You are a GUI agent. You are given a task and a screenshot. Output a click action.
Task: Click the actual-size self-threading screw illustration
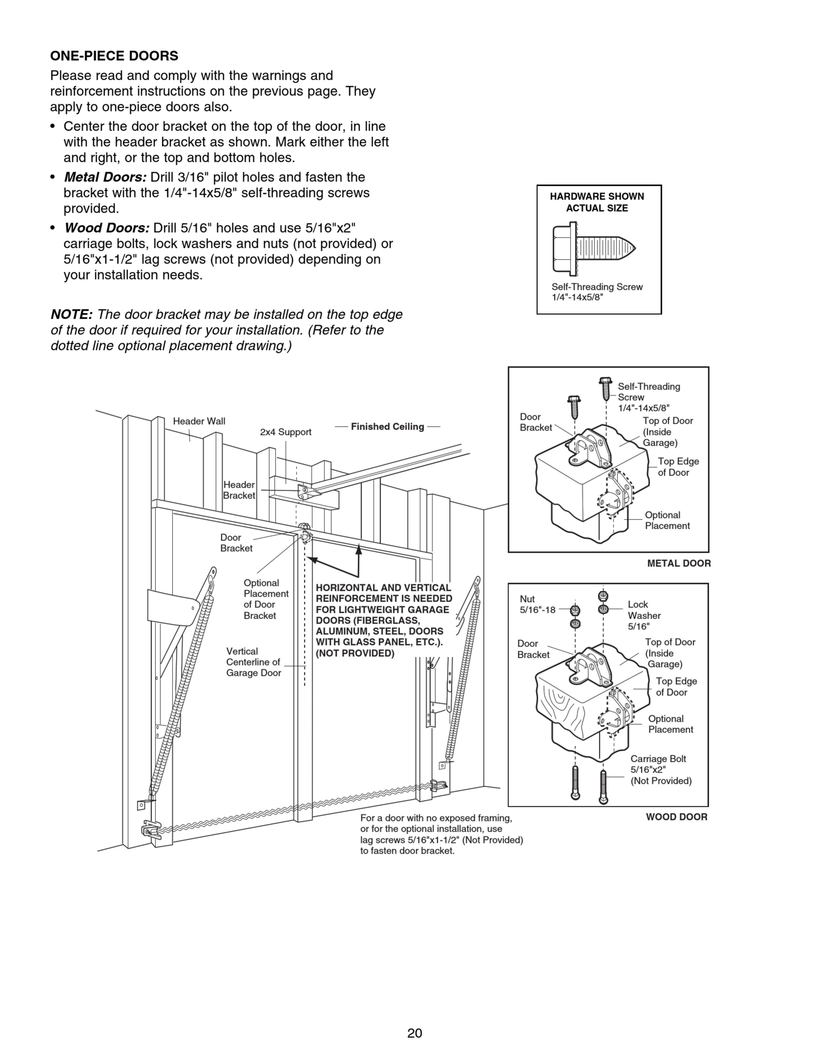(x=594, y=248)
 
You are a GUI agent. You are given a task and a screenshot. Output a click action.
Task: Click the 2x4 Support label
(x=285, y=432)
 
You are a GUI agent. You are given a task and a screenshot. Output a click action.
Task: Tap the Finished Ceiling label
(x=387, y=426)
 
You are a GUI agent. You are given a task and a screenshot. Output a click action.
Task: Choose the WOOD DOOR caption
(x=676, y=817)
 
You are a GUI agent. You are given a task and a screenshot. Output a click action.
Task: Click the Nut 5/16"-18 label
(x=537, y=604)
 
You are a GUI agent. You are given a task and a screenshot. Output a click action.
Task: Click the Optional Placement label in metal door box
(x=667, y=520)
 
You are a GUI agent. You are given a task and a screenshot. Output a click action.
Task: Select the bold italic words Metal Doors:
(x=105, y=177)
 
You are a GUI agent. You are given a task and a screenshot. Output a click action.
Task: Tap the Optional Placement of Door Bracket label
(x=266, y=599)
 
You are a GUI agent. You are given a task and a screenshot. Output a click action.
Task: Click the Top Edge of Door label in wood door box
(x=676, y=687)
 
